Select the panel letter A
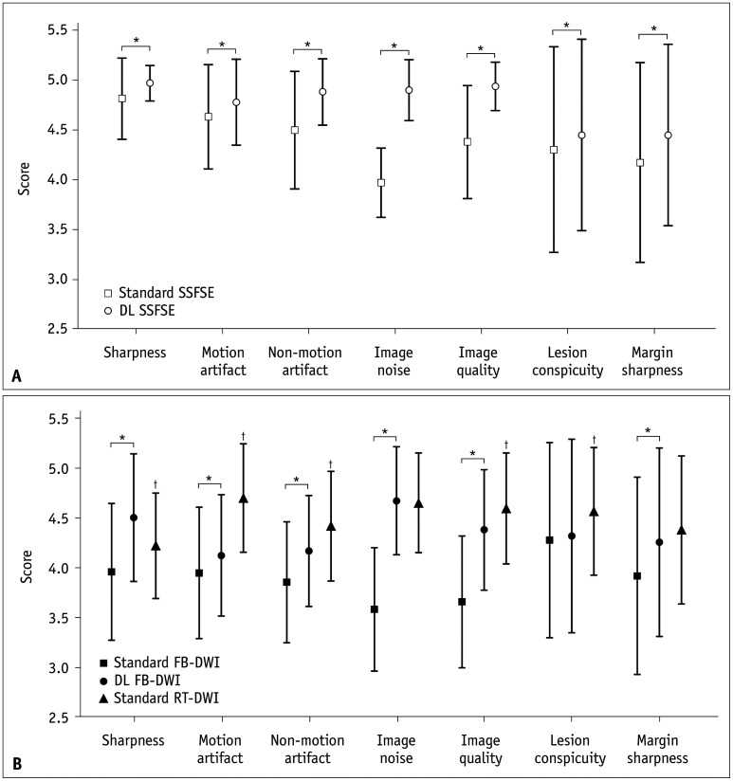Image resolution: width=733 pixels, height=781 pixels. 17,377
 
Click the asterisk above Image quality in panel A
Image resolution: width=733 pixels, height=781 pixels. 481,49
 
